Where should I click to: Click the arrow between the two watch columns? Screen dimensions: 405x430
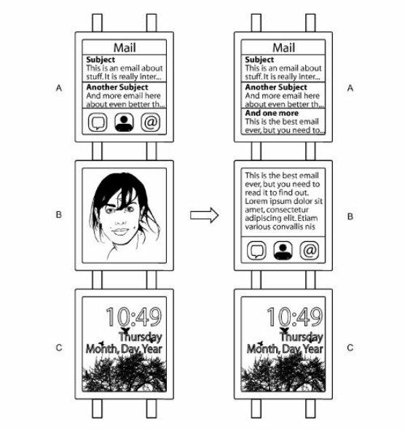[204, 215]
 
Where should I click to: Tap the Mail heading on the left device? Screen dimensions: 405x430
[125, 47]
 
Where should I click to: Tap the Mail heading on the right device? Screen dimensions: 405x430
[283, 47]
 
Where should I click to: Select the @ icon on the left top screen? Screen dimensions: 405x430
[151, 122]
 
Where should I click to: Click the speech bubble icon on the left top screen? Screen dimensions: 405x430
[98, 122]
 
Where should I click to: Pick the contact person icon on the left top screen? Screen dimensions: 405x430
[124, 122]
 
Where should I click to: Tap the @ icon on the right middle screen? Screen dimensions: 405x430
[310, 251]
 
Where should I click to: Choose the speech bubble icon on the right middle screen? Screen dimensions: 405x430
[256, 251]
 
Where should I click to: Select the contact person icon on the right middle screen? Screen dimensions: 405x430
[283, 251]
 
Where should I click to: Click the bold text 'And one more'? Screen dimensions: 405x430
[272, 113]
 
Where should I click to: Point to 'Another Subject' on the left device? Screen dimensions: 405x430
[117, 87]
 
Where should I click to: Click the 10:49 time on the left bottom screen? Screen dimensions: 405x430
[134, 317]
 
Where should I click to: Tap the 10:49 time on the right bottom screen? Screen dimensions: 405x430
[295, 317]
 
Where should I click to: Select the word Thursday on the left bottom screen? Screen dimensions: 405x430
[141, 337]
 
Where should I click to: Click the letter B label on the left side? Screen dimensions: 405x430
[59, 214]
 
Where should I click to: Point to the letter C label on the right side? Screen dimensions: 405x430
[350, 348]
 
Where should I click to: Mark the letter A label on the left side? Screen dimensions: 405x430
[59, 88]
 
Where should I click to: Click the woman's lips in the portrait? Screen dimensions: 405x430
[121, 231]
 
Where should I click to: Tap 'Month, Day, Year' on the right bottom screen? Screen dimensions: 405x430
[285, 349]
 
